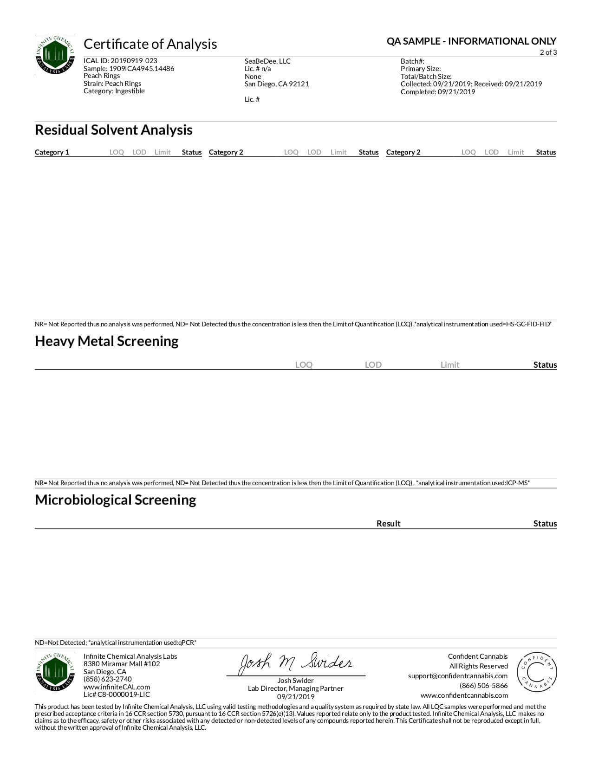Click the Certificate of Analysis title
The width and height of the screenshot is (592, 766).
point(150,44)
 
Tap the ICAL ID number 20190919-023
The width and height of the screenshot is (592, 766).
point(134,61)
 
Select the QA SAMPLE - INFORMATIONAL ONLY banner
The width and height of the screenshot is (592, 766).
point(471,41)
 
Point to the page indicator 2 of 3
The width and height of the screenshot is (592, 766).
point(548,52)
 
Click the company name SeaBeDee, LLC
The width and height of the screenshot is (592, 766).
point(267,61)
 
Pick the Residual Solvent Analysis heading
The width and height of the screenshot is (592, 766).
point(114,130)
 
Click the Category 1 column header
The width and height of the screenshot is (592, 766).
point(52,152)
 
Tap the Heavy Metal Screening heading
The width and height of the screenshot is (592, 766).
point(107,341)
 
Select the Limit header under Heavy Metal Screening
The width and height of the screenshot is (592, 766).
point(450,365)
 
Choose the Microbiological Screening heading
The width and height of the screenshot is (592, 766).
point(116,500)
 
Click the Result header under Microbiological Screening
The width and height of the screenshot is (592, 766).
point(388,524)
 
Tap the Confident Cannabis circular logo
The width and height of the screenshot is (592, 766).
point(537,673)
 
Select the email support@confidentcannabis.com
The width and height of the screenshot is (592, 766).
point(458,676)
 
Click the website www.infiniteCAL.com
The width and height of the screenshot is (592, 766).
point(117,687)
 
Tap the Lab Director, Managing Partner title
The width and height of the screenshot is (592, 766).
point(296,688)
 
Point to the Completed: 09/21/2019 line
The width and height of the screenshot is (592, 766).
point(438,92)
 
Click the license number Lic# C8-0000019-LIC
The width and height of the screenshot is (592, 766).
point(117,695)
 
